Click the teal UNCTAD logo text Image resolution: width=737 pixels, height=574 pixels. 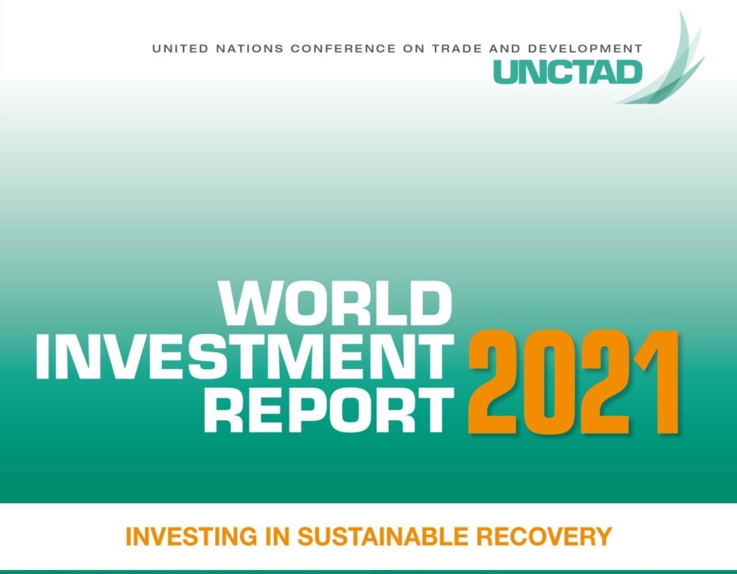[x=567, y=72]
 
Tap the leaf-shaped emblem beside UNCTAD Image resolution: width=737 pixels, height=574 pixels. [x=668, y=64]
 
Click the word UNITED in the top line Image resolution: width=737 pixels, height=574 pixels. [x=175, y=49]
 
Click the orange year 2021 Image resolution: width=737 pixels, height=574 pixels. [x=573, y=383]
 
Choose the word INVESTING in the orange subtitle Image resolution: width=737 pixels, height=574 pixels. [x=194, y=537]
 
